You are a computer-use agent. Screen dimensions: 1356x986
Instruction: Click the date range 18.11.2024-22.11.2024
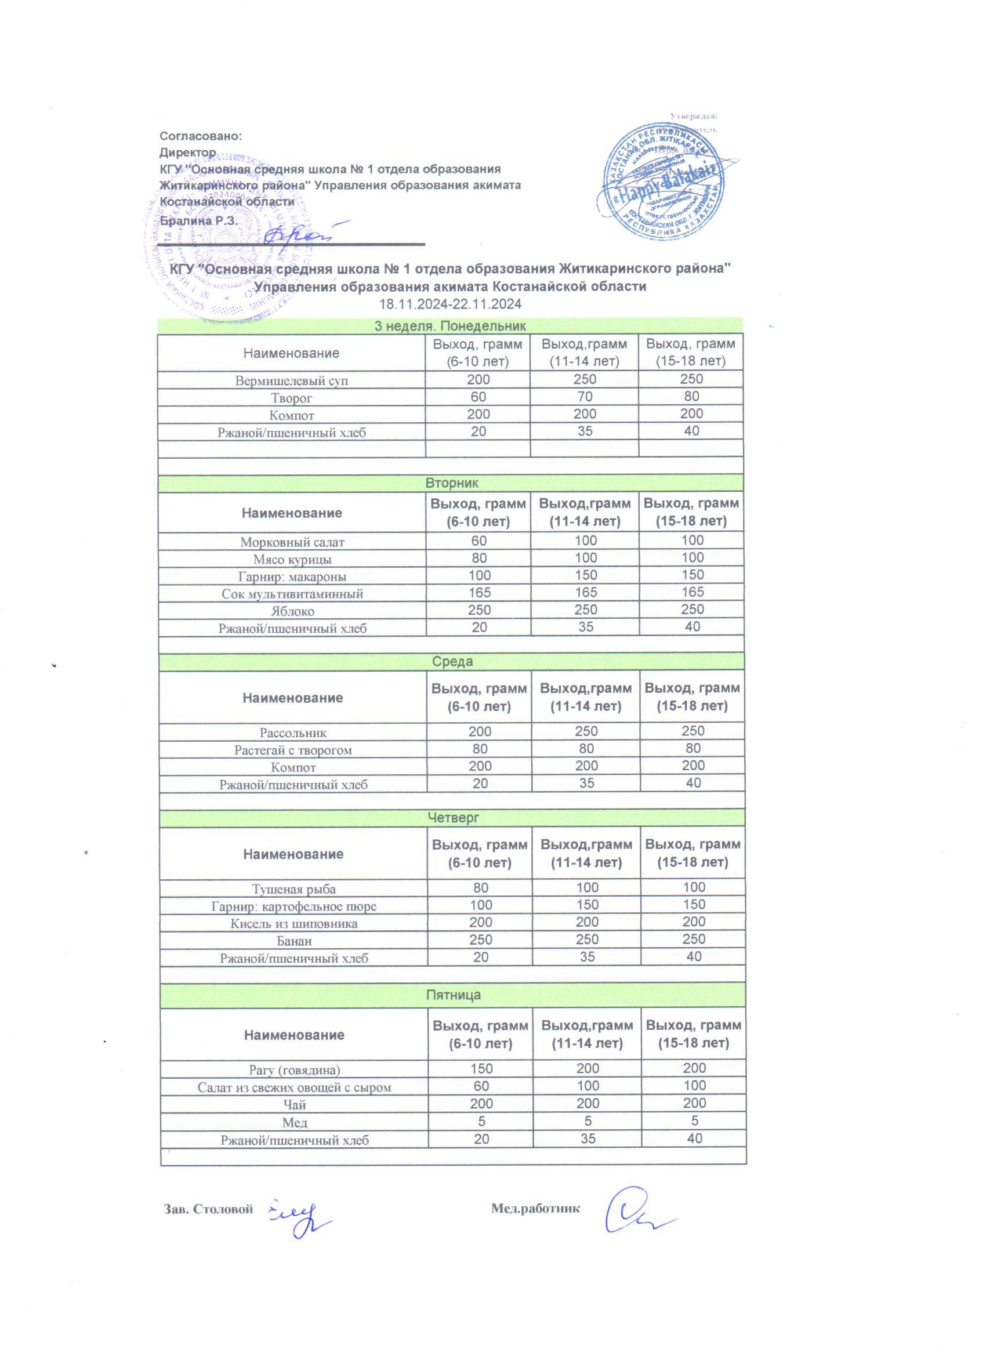[x=449, y=304]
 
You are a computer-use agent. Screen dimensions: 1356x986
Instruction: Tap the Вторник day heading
[x=451, y=483]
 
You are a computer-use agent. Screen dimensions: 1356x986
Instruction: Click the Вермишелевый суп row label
[x=291, y=380]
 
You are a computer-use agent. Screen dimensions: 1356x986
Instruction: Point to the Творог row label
[x=291, y=398]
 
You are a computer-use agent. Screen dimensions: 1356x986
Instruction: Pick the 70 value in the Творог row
[x=584, y=396]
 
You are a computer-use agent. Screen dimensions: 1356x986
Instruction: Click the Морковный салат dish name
[x=292, y=542]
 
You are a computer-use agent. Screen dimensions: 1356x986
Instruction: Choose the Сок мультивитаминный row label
[x=292, y=594]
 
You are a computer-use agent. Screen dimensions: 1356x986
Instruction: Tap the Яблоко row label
[x=292, y=611]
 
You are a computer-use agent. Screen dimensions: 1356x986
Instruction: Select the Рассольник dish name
[x=293, y=733]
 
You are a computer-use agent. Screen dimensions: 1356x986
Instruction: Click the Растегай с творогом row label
[x=293, y=750]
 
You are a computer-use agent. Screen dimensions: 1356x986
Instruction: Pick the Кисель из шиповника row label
[x=293, y=924]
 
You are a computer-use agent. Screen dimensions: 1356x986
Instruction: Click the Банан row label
[x=293, y=941]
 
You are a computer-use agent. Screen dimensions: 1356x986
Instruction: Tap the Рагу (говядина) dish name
[x=294, y=1069]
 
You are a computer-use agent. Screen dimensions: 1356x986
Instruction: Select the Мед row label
[x=294, y=1122]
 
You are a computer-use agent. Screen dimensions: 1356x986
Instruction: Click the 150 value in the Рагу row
[x=481, y=1068]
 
